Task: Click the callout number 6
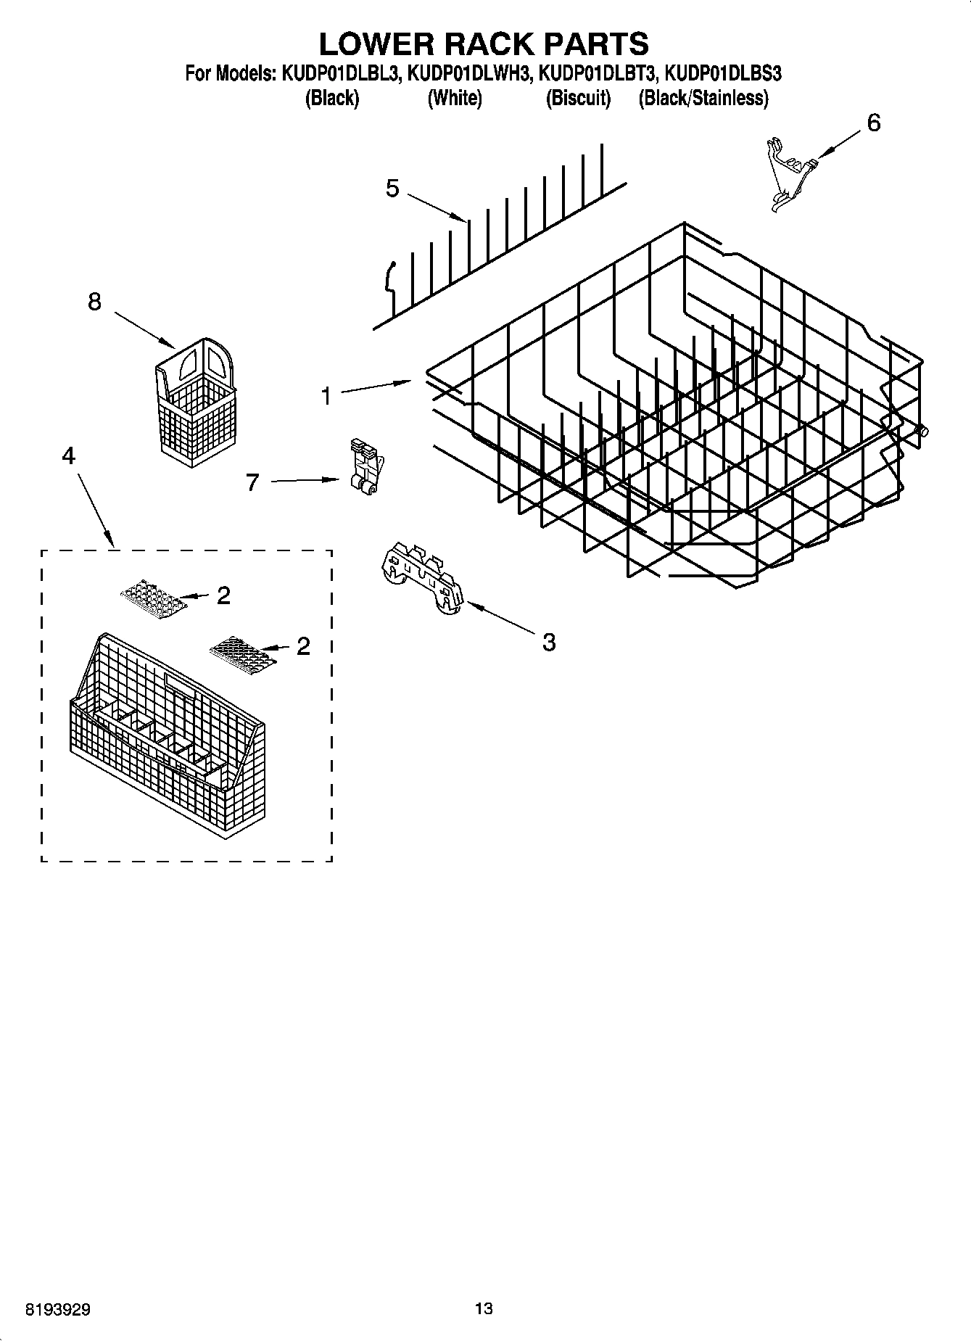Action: tap(874, 123)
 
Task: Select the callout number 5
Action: tap(392, 189)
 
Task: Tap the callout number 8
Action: tap(94, 302)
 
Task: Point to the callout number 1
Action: tap(326, 396)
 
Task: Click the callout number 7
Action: tap(252, 482)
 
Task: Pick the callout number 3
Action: tap(549, 642)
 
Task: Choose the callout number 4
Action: tap(68, 455)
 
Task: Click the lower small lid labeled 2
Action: tap(242, 649)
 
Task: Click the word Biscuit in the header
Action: tap(578, 98)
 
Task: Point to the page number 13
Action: tap(484, 1308)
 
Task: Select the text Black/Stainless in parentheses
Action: tap(703, 98)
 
